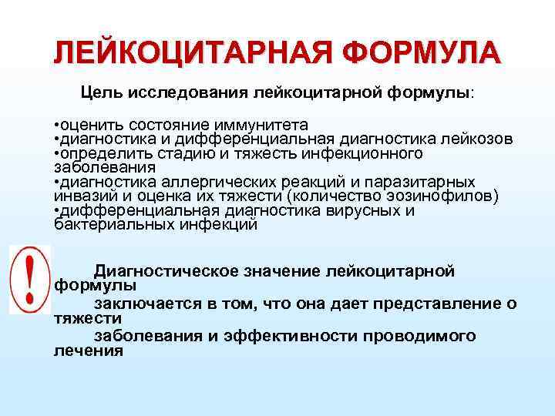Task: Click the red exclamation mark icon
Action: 29,279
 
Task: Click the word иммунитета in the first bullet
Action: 257,125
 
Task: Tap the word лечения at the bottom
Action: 89,351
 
